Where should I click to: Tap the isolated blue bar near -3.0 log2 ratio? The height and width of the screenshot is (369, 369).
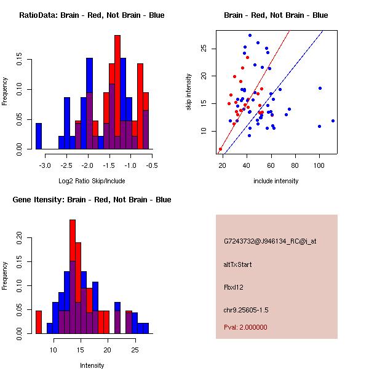39,136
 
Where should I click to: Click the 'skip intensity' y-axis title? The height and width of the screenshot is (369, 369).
189,92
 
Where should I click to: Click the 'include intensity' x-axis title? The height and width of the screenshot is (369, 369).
276,181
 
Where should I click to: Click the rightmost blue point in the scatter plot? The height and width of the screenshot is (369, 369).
333,121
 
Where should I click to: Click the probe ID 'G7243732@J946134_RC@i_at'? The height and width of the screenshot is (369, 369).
270,242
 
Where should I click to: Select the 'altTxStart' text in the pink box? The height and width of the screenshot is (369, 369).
238,264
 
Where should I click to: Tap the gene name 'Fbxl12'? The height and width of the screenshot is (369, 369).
234,287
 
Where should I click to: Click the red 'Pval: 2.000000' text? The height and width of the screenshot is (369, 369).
248,328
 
